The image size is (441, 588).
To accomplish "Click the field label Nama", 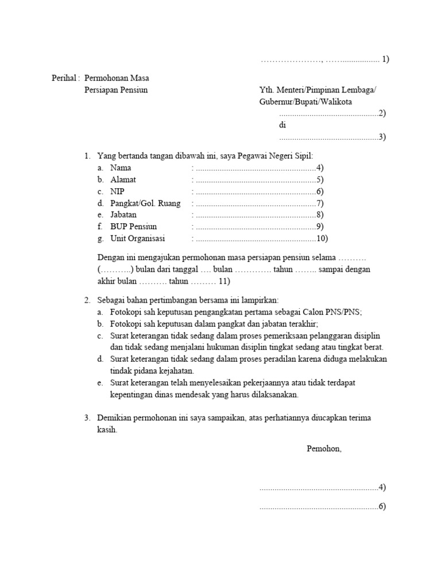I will point(121,168).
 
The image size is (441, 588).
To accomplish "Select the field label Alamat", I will point(123,180).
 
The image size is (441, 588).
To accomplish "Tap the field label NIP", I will point(117,191).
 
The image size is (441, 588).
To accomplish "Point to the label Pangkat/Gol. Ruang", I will point(145,203).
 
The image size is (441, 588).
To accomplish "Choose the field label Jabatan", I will point(123,215).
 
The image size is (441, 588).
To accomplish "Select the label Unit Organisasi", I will point(137,238).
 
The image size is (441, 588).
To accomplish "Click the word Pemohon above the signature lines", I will point(324,448).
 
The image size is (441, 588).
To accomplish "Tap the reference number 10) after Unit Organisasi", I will point(322,238).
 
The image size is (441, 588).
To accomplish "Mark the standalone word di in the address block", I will point(283,125).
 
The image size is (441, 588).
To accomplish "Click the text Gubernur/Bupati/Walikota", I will point(305,102).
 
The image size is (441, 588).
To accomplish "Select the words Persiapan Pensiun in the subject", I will point(116,90).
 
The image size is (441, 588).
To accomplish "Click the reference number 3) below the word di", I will point(382,137).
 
